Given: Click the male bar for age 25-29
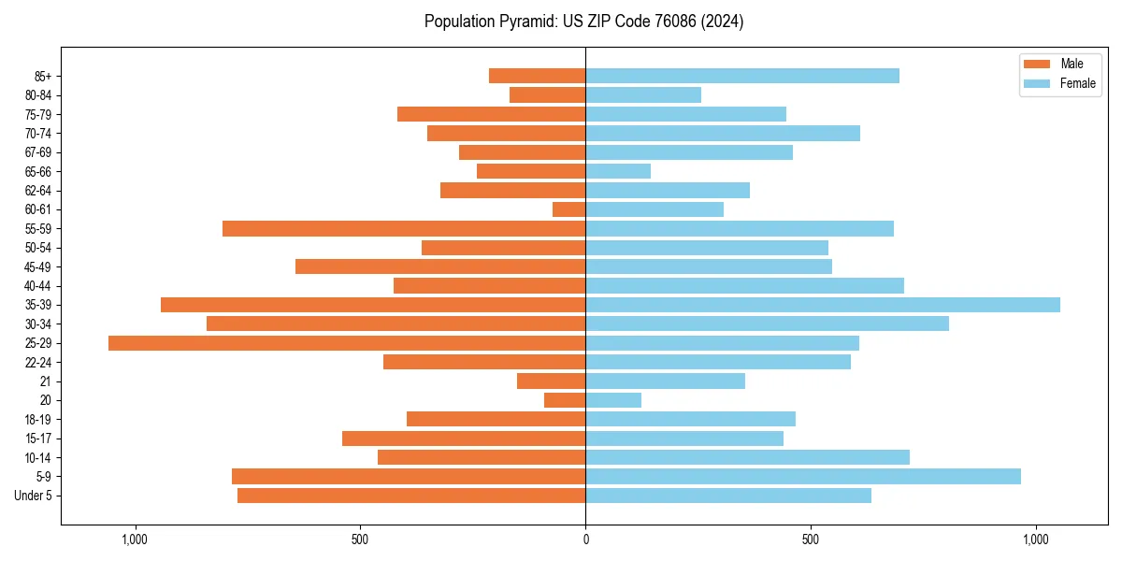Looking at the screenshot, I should (347, 343).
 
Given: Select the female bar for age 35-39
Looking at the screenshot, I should (823, 305).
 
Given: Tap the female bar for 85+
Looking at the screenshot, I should (742, 76).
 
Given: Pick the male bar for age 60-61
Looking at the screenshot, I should (569, 209).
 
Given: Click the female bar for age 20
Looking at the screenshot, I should (613, 400).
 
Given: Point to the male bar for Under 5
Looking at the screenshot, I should (411, 496).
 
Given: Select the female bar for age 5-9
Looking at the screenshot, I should (803, 477).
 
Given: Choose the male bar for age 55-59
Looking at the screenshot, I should (404, 229).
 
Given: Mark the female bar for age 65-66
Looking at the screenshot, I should (618, 171).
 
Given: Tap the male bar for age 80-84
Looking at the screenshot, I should (548, 95).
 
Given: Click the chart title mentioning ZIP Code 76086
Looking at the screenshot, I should (583, 22).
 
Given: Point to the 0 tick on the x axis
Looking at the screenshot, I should (585, 539).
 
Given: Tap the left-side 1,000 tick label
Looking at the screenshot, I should (136, 539).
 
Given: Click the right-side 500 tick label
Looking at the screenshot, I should (811, 539).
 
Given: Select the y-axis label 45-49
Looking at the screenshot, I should (37, 267).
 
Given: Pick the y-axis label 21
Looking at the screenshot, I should (45, 381).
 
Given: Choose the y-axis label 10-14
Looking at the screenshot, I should (37, 458).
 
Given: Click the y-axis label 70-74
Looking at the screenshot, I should (37, 134).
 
